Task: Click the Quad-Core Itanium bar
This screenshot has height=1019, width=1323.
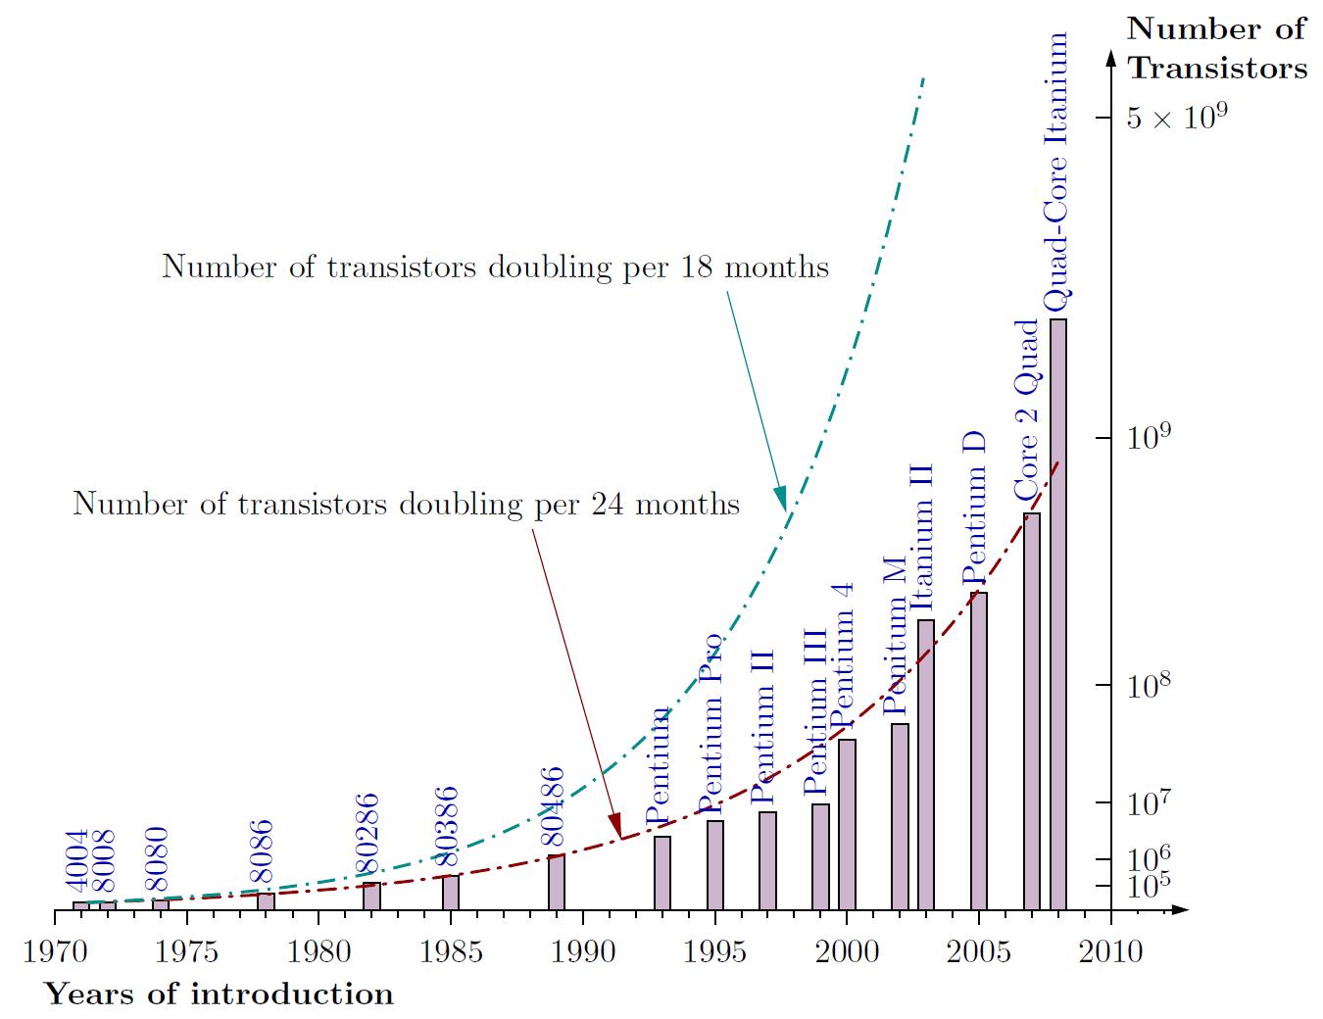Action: click(1058, 614)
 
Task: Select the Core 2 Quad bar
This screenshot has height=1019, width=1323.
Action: click(1032, 711)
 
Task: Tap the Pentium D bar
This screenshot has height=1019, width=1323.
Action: click(978, 751)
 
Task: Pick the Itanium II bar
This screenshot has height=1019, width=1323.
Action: click(926, 764)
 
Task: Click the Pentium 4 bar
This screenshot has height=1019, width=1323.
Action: click(847, 824)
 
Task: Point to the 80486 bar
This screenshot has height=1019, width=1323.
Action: click(556, 882)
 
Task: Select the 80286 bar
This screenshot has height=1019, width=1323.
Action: click(371, 896)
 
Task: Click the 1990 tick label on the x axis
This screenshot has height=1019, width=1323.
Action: click(582, 951)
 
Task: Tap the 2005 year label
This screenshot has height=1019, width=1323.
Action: click(978, 951)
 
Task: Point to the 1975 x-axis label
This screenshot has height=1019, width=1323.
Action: click(186, 951)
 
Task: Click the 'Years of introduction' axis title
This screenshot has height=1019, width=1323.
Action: click(219, 994)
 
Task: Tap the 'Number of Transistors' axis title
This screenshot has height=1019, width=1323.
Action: click(1216, 48)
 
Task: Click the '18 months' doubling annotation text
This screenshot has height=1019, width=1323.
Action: click(495, 267)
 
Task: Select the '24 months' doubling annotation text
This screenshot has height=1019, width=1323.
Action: click(406, 504)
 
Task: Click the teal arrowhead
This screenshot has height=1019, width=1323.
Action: click(780, 497)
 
